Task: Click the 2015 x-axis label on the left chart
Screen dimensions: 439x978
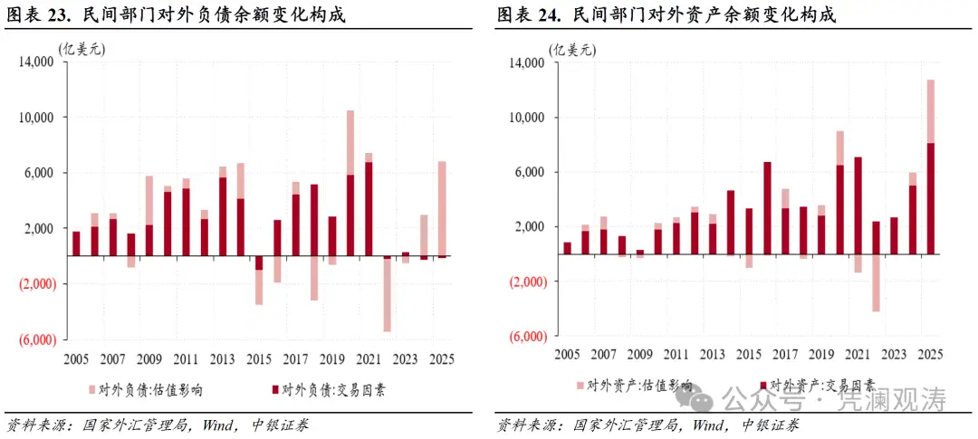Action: pyautogui.click(x=259, y=358)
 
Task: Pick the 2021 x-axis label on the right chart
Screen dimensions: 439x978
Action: pyautogui.click(x=858, y=355)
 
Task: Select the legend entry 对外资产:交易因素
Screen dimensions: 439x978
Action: pyautogui.click(x=819, y=385)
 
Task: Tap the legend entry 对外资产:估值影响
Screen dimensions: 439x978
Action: pyautogui.click(x=635, y=385)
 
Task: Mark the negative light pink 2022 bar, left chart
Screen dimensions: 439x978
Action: pyautogui.click(x=387, y=295)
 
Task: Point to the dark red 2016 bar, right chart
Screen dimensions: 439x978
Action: pyautogui.click(x=767, y=208)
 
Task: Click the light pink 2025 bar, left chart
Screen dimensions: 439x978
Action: pyautogui.click(x=441, y=209)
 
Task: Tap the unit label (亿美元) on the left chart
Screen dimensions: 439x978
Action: pyautogui.click(x=81, y=50)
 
